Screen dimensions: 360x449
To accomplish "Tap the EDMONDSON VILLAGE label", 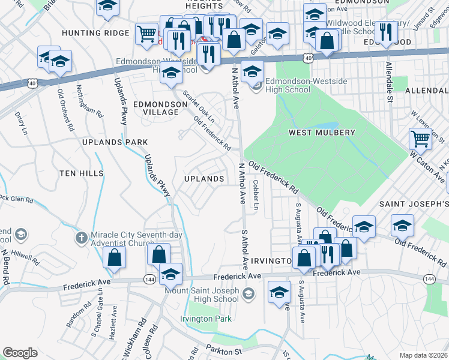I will point(160,108).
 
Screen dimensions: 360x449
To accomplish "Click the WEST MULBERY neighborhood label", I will point(322,132).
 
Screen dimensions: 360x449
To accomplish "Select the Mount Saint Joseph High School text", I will point(202,295).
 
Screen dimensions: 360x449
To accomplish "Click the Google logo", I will point(20,353).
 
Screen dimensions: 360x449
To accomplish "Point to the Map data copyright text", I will point(423,355).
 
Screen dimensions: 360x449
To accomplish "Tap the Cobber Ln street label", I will point(255,195).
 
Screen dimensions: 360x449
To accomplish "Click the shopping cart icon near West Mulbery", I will point(420,139).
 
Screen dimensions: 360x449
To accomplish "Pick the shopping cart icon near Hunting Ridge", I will point(146,34).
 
